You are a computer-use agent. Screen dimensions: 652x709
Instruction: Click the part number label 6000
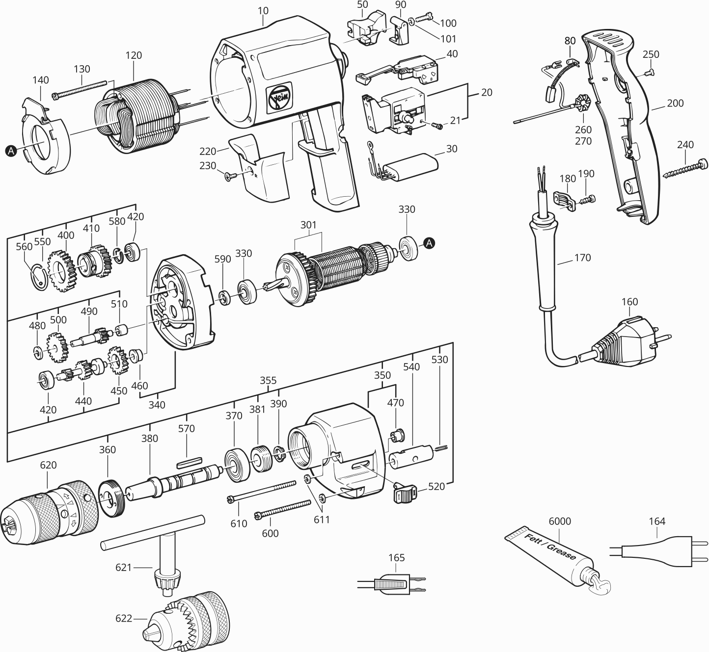[x=560, y=521]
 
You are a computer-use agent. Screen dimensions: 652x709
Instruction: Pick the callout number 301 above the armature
[x=308, y=225]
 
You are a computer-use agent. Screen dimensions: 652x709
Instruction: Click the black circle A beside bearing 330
[x=429, y=242]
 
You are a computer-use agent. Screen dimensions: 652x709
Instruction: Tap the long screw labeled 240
[x=685, y=169]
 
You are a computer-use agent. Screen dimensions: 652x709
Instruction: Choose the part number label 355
[x=268, y=380]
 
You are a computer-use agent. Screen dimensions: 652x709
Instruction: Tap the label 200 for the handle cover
[x=675, y=103]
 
